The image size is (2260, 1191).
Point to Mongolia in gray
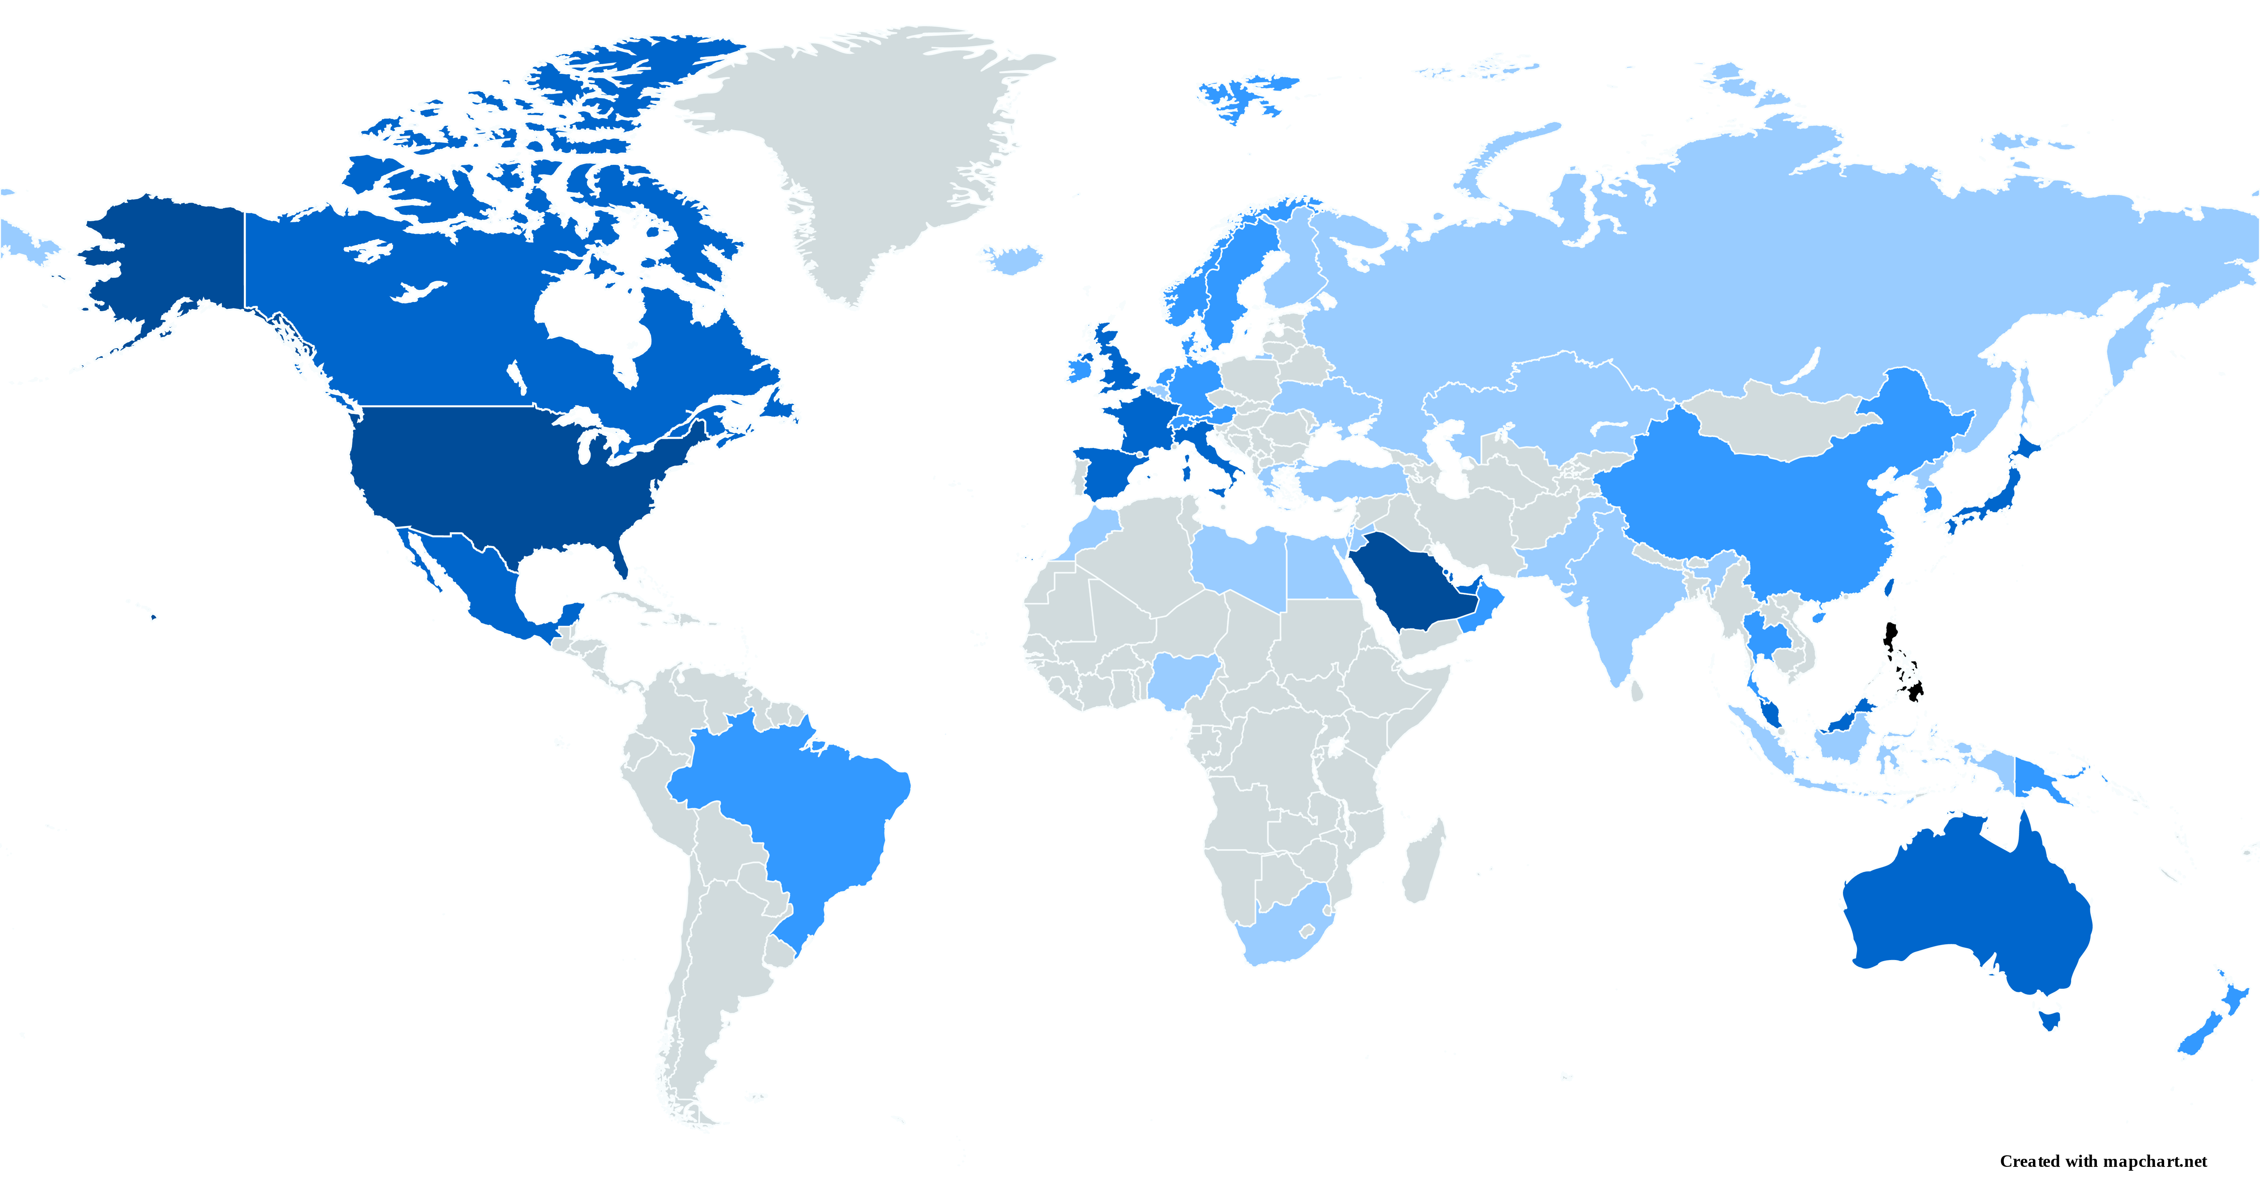(1781, 421)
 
